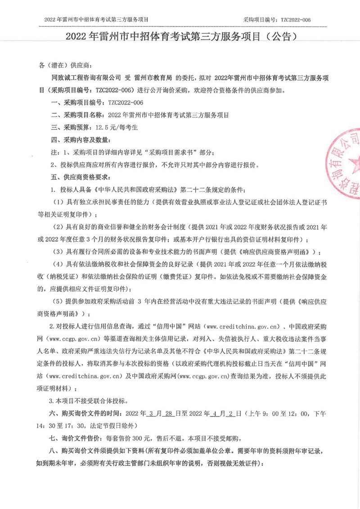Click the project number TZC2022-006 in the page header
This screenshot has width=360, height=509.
click(296, 20)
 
